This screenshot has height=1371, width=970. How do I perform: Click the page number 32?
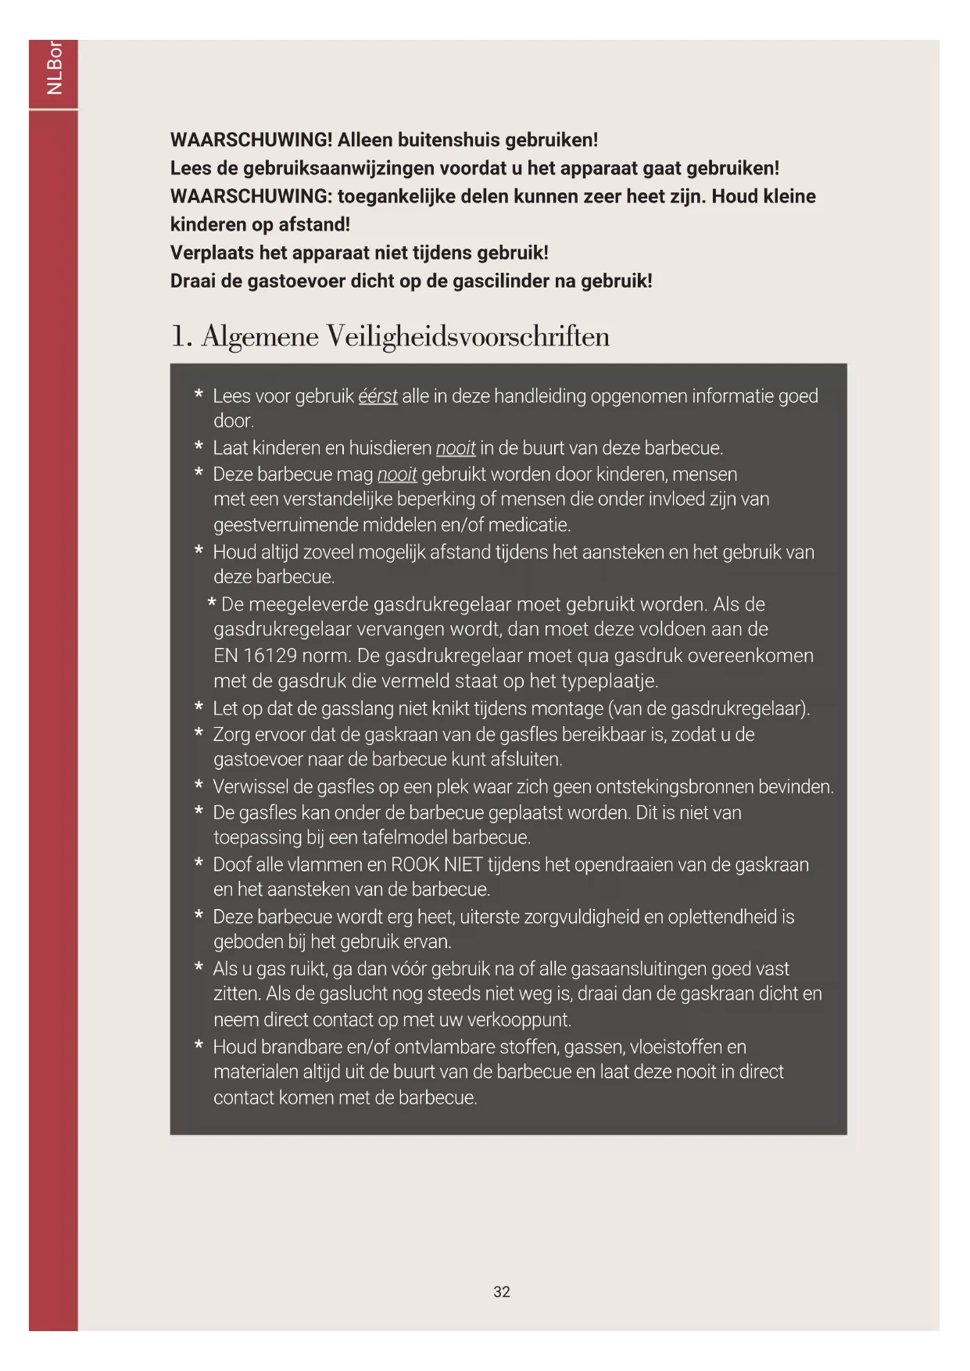coord(502,1291)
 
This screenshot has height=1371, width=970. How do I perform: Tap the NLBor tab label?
coord(54,68)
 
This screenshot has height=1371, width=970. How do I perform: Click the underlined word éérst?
coord(378,396)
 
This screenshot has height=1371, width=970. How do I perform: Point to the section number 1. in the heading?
coord(181,336)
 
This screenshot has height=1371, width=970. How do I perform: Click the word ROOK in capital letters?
coord(415,864)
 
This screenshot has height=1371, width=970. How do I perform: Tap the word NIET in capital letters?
coord(464,864)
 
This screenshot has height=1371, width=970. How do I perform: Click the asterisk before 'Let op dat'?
coord(199,708)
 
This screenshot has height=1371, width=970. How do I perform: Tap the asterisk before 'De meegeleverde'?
coord(212,604)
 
